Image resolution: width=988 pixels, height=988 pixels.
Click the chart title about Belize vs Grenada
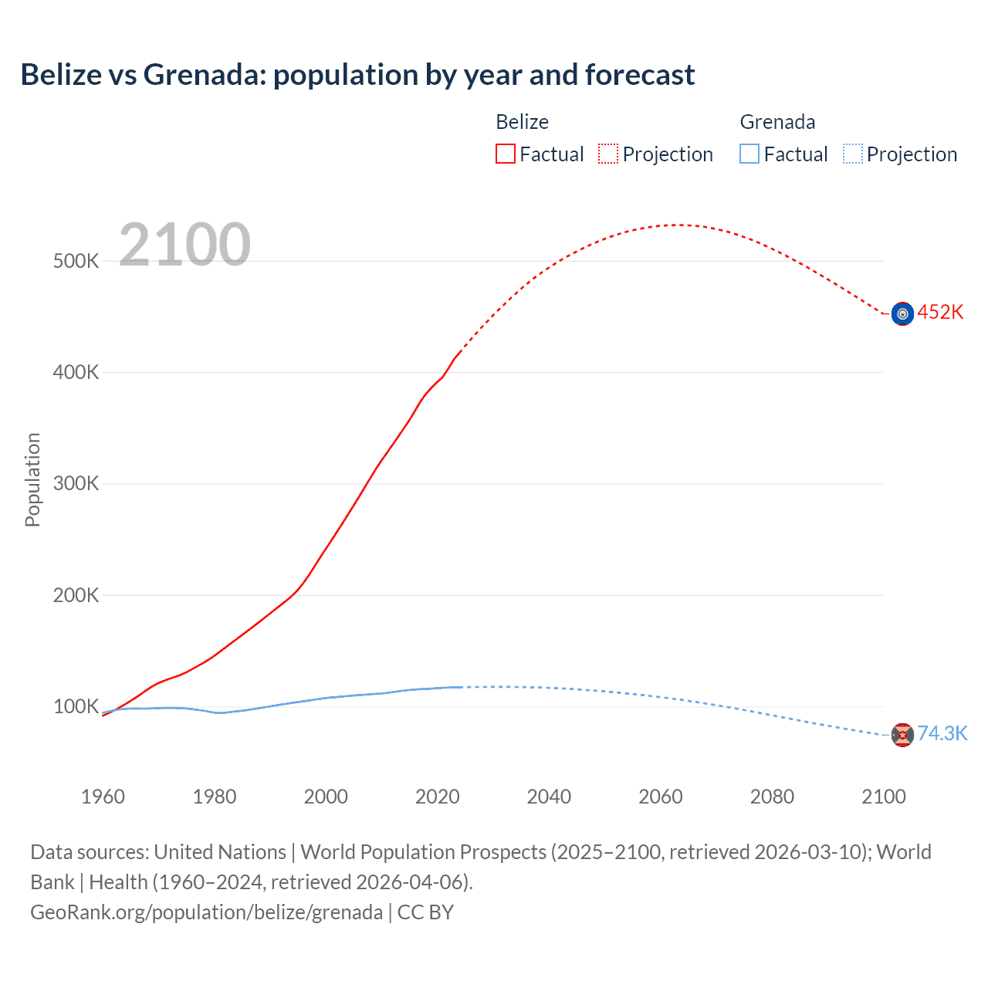pos(357,75)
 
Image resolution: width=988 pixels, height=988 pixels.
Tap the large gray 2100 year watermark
pos(184,245)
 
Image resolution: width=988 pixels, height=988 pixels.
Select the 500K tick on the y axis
pos(76,261)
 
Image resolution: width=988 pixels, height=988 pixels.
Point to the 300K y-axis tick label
pos(76,484)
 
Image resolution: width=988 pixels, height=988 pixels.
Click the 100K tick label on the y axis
pos(76,707)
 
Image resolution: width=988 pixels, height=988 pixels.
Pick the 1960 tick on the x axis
pos(103,797)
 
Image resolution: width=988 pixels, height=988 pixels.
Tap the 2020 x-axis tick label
pos(438,797)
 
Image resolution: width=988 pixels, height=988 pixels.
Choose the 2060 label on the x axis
pos(661,797)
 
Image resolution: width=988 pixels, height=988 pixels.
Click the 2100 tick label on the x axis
pos(883,797)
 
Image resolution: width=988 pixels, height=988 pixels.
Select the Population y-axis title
pos(32,479)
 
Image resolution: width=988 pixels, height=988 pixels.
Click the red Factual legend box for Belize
pos(506,154)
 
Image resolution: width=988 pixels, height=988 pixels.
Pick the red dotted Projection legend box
pos(608,154)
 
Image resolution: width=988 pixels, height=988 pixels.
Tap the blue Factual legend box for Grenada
pos(749,154)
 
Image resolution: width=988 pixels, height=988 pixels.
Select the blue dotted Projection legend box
pos(853,154)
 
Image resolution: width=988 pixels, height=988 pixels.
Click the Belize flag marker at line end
pos(902,313)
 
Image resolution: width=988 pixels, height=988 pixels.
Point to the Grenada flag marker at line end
pos(902,735)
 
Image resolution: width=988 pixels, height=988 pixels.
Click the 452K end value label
pos(940,313)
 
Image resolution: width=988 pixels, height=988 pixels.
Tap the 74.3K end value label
pos(942,734)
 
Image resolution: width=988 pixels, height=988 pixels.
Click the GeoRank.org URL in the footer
pos(206,912)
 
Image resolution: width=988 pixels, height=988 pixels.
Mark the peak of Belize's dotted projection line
pos(678,225)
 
